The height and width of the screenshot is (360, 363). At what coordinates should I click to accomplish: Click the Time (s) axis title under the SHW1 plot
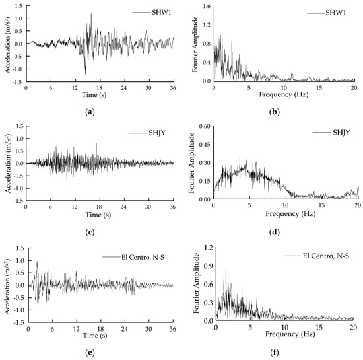pyautogui.click(x=99, y=95)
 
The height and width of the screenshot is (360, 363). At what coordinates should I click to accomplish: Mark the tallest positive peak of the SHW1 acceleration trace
pyautogui.click(x=91, y=13)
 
